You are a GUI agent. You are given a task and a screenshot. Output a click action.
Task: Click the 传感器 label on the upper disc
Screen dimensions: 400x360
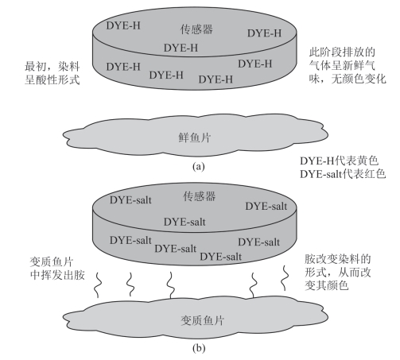pyautogui.click(x=196, y=29)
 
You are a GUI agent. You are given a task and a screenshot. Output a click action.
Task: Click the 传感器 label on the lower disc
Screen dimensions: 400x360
pyautogui.click(x=199, y=196)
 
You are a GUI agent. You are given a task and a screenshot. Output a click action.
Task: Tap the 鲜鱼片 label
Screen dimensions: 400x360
pyautogui.click(x=195, y=137)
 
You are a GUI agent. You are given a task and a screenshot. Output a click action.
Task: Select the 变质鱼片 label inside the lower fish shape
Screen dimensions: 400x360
pyautogui.click(x=202, y=320)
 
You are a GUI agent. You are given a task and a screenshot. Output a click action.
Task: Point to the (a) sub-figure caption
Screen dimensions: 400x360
pyautogui.click(x=198, y=167)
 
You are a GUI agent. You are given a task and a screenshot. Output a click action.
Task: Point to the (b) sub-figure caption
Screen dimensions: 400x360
pyautogui.click(x=199, y=347)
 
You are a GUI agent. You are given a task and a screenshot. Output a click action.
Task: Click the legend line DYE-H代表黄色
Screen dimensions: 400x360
pyautogui.click(x=339, y=161)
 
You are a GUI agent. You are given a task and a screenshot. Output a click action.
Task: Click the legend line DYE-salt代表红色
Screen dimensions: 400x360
pyautogui.click(x=343, y=174)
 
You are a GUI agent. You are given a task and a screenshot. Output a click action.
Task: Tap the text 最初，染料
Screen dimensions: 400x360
pyautogui.click(x=52, y=66)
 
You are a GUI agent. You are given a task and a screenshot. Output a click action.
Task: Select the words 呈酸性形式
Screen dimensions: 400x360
pyautogui.click(x=52, y=79)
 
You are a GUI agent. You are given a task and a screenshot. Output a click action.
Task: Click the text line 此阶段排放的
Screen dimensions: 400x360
pyautogui.click(x=342, y=52)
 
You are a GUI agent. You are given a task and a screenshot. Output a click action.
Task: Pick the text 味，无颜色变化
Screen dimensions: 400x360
pyautogui.click(x=348, y=79)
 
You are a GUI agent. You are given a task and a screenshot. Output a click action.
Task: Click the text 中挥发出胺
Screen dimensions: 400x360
pyautogui.click(x=57, y=275)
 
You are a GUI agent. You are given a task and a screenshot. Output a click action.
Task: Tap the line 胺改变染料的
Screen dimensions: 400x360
pyautogui.click(x=337, y=259)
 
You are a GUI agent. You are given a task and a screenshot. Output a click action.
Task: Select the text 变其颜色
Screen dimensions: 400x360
pyautogui.click(x=326, y=285)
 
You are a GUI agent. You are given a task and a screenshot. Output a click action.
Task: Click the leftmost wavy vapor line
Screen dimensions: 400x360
pyautogui.click(x=98, y=284)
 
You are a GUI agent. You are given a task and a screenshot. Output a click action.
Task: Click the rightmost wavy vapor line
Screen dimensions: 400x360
pyautogui.click(x=285, y=278)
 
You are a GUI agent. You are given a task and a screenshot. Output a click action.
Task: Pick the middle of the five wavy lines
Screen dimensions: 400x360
pyautogui.click(x=170, y=285)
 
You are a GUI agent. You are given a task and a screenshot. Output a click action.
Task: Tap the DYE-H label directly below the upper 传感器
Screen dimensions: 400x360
pyautogui.click(x=181, y=48)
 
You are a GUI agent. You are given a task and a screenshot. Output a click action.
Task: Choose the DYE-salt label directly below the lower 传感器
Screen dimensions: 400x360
pyautogui.click(x=184, y=222)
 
